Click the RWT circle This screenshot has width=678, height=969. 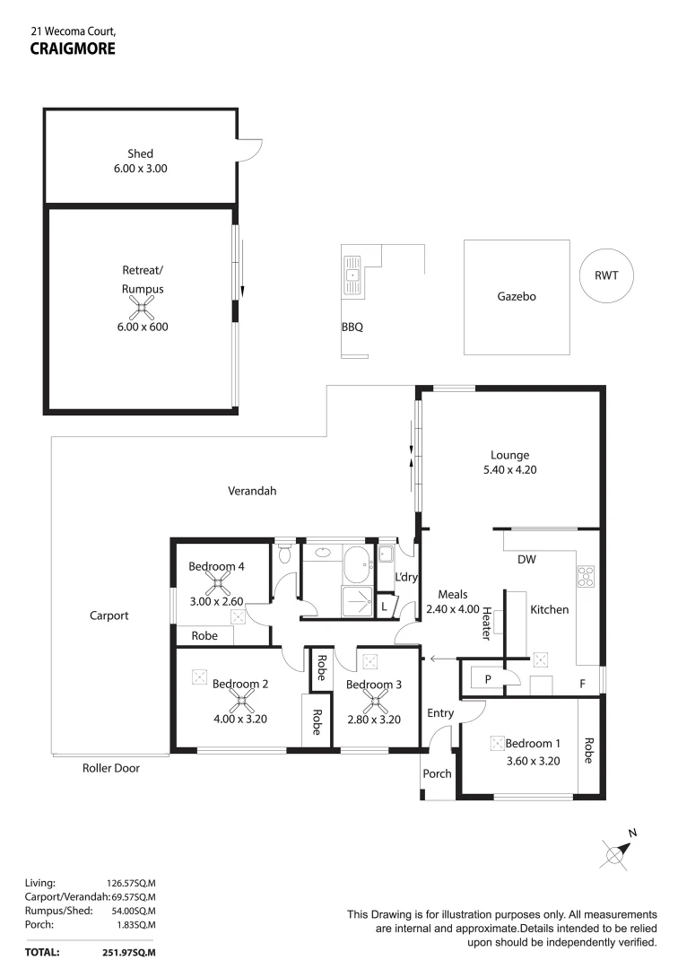coord(606,276)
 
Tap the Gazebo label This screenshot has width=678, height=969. coord(516,296)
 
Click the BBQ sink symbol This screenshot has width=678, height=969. coord(352,275)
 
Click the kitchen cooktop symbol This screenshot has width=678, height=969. coord(586,576)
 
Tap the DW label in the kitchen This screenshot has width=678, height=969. coord(527,560)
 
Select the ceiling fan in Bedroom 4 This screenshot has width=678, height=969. coord(216,584)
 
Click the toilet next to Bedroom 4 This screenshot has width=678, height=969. coord(284,553)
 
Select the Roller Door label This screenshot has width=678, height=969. coord(111,768)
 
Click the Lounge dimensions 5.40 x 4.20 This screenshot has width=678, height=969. coord(509,469)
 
